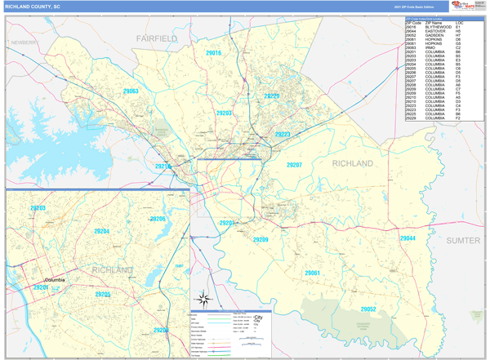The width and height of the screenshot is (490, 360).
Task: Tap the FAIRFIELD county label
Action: pos(157,38)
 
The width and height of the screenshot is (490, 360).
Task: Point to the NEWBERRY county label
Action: pos(24,42)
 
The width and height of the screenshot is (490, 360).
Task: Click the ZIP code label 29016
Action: pos(213,53)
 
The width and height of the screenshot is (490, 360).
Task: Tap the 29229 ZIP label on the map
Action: pos(272,96)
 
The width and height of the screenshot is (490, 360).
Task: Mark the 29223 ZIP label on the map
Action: pos(283,134)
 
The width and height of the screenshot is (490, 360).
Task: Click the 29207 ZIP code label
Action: pos(294,165)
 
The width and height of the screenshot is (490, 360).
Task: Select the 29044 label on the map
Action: pos(408,238)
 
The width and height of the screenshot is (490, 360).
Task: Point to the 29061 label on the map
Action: pos(313,273)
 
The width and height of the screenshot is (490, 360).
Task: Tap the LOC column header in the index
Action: pos(461,22)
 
